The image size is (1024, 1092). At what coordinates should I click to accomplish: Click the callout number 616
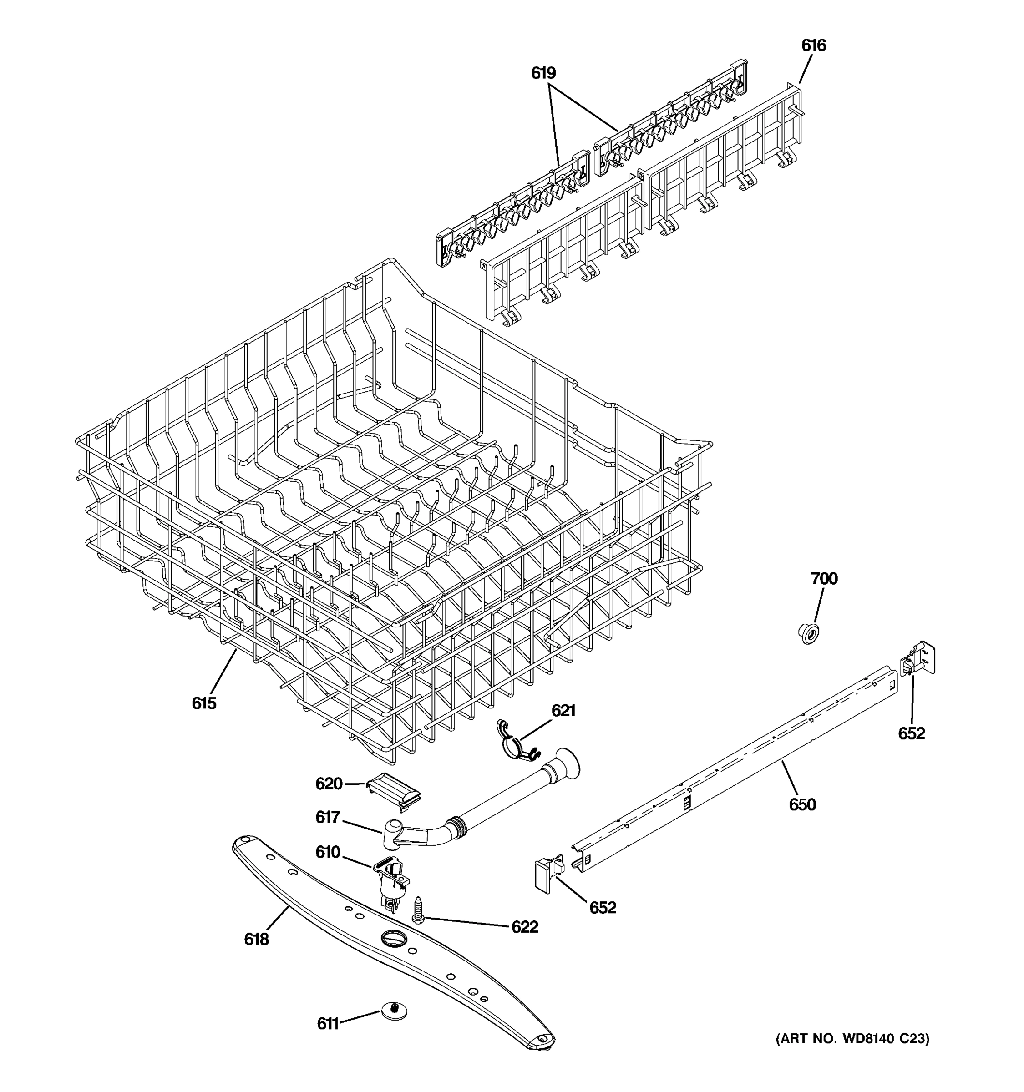pyautogui.click(x=813, y=45)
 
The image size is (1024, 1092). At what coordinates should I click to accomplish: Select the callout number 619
pyautogui.click(x=543, y=73)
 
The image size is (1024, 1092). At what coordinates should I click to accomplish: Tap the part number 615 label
pyautogui.click(x=204, y=703)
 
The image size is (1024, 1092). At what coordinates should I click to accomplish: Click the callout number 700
pyautogui.click(x=824, y=578)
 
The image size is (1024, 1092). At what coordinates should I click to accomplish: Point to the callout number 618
pyautogui.click(x=257, y=939)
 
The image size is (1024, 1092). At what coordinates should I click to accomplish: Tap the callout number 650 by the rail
pyautogui.click(x=802, y=805)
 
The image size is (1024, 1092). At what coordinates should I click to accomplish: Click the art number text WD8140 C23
pyautogui.click(x=852, y=1039)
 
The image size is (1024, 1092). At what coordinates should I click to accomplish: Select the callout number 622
pyautogui.click(x=525, y=927)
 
